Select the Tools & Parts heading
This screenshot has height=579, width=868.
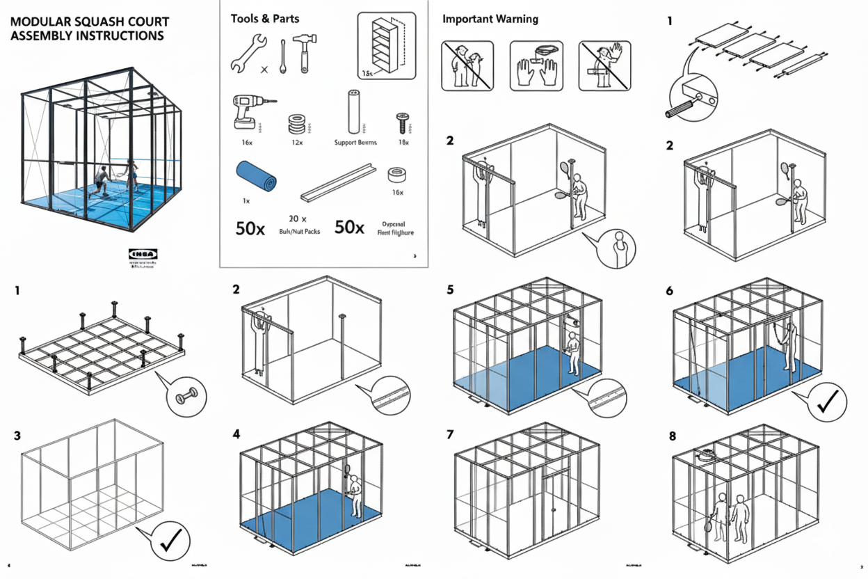click(x=260, y=19)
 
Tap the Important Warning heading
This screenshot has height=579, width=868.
click(x=490, y=19)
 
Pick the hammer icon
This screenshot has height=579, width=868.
click(x=304, y=53)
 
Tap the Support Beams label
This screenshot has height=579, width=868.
click(x=355, y=143)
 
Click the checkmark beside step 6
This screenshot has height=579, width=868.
click(x=826, y=402)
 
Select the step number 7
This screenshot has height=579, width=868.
click(x=450, y=435)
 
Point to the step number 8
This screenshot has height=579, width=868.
click(x=672, y=436)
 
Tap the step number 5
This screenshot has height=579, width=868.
click(x=450, y=289)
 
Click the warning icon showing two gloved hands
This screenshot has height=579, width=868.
click(x=536, y=65)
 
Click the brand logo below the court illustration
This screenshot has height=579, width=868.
click(x=143, y=254)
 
